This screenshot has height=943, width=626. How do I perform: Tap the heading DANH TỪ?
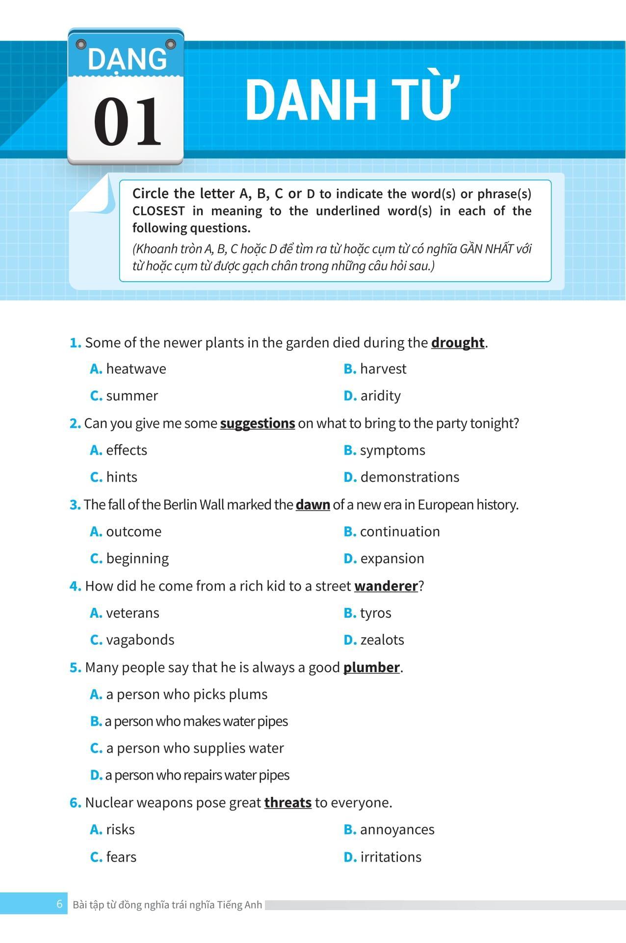click(x=352, y=100)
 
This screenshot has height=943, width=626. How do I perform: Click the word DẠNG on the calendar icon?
click(x=127, y=60)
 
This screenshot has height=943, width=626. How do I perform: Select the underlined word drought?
click(x=458, y=342)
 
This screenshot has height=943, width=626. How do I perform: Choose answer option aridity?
click(x=380, y=396)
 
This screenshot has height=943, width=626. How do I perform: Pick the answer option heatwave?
click(x=135, y=369)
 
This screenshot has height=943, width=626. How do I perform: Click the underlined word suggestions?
click(x=258, y=423)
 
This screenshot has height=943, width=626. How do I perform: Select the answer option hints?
click(x=121, y=477)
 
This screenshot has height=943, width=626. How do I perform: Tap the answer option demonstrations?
click(x=409, y=477)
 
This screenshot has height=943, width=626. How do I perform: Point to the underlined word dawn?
click(x=313, y=505)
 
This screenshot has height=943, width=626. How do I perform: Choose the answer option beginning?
click(x=137, y=559)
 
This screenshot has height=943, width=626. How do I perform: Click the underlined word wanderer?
click(x=386, y=586)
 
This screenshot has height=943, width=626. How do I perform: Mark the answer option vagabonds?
click(x=140, y=640)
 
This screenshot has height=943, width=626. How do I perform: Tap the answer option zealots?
click(x=382, y=640)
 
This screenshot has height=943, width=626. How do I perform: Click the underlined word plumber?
click(x=371, y=668)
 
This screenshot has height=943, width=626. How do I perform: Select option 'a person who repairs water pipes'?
click(x=196, y=775)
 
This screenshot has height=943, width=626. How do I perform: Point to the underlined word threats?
click(x=288, y=803)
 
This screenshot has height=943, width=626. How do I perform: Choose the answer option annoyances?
click(x=396, y=830)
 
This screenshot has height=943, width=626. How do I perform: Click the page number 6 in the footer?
click(x=60, y=904)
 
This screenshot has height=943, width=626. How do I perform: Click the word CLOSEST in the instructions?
click(x=158, y=211)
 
